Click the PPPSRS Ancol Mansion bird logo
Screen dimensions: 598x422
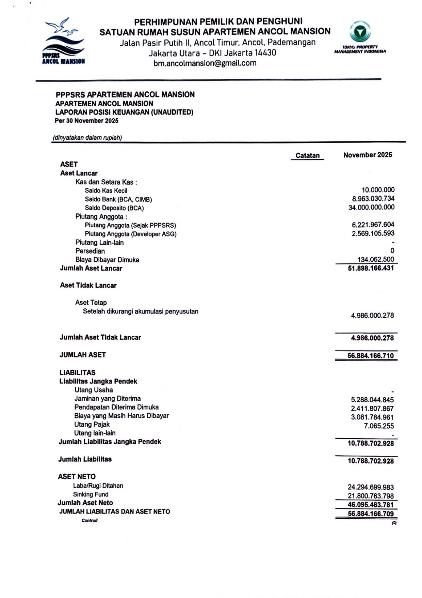tap(63, 41)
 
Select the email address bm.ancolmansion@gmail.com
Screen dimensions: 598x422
tap(205, 63)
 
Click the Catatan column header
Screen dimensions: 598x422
tap(307, 156)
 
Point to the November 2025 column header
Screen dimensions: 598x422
tap(368, 155)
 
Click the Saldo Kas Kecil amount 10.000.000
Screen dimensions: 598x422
tap(378, 190)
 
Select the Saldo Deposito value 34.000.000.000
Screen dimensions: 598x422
tap(371, 207)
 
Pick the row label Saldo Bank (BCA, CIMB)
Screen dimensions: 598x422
tap(118, 199)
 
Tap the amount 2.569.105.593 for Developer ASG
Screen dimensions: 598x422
tap(373, 233)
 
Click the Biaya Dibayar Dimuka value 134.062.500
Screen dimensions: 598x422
tap(375, 260)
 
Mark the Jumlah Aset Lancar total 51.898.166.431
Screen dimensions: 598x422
tap(371, 268)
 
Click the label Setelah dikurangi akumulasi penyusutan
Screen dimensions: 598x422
tap(141, 311)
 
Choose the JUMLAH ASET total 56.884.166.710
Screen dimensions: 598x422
tap(371, 356)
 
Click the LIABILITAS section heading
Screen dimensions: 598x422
tap(77, 372)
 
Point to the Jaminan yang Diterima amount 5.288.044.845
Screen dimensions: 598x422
tap(372, 400)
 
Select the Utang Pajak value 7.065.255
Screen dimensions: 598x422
tap(379, 426)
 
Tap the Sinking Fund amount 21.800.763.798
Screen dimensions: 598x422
tap(371, 496)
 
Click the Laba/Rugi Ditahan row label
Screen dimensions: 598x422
tap(98, 486)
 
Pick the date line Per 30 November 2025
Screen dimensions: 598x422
tap(86, 121)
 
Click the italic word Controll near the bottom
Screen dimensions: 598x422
tap(90, 521)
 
